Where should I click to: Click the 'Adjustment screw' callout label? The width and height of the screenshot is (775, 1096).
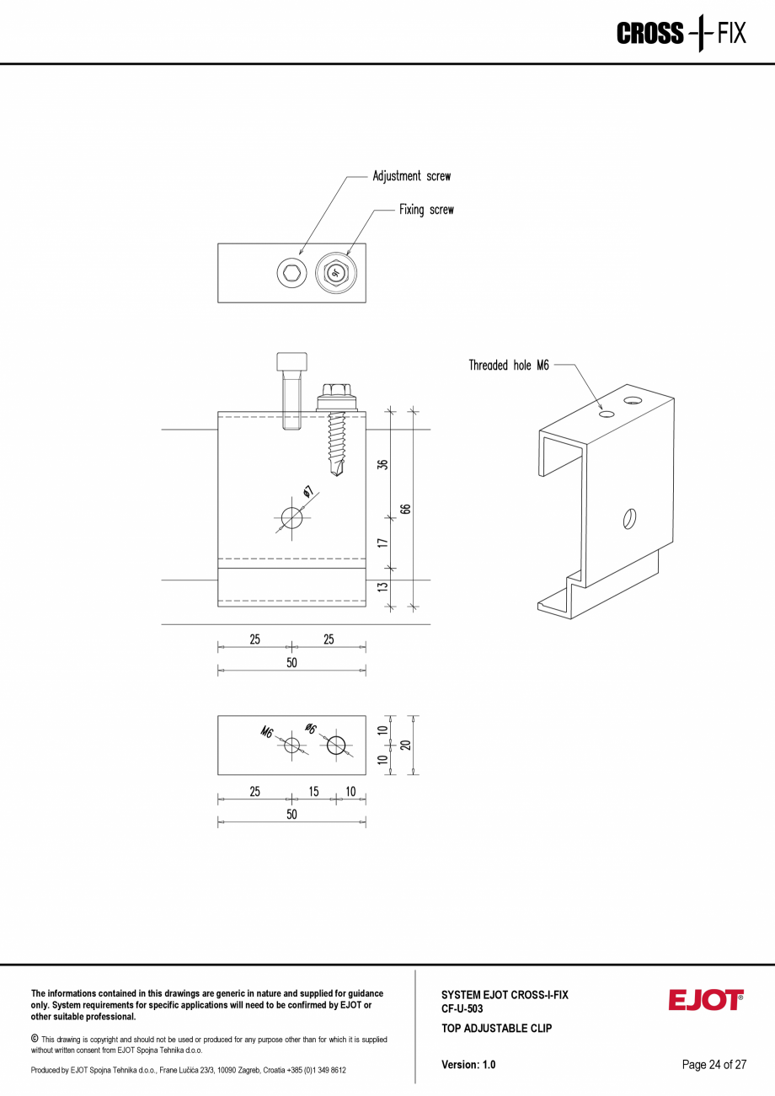[411, 177]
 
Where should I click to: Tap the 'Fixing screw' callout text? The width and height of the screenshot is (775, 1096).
[426, 210]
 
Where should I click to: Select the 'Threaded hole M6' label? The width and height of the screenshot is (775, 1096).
[508, 366]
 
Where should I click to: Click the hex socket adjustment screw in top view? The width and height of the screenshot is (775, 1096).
[291, 272]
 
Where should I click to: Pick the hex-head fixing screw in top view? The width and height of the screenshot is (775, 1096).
[335, 272]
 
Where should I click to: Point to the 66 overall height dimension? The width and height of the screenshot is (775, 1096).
[405, 509]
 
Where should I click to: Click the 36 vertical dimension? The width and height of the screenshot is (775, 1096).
[382, 464]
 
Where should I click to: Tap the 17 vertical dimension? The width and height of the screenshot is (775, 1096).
[382, 543]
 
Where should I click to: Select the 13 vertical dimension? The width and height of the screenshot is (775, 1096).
[382, 586]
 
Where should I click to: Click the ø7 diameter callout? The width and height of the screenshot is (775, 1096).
[308, 492]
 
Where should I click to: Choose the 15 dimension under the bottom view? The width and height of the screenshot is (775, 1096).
[313, 792]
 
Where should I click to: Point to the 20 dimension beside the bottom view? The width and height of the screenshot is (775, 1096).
[405, 745]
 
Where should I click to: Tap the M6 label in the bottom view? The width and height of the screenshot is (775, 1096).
[267, 732]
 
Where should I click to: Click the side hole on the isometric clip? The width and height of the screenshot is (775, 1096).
[628, 518]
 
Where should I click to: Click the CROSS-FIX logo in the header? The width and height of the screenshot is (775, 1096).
[681, 34]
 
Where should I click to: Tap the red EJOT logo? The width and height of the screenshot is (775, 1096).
[705, 1000]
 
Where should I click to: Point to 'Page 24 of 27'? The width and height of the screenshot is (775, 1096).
[714, 1065]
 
